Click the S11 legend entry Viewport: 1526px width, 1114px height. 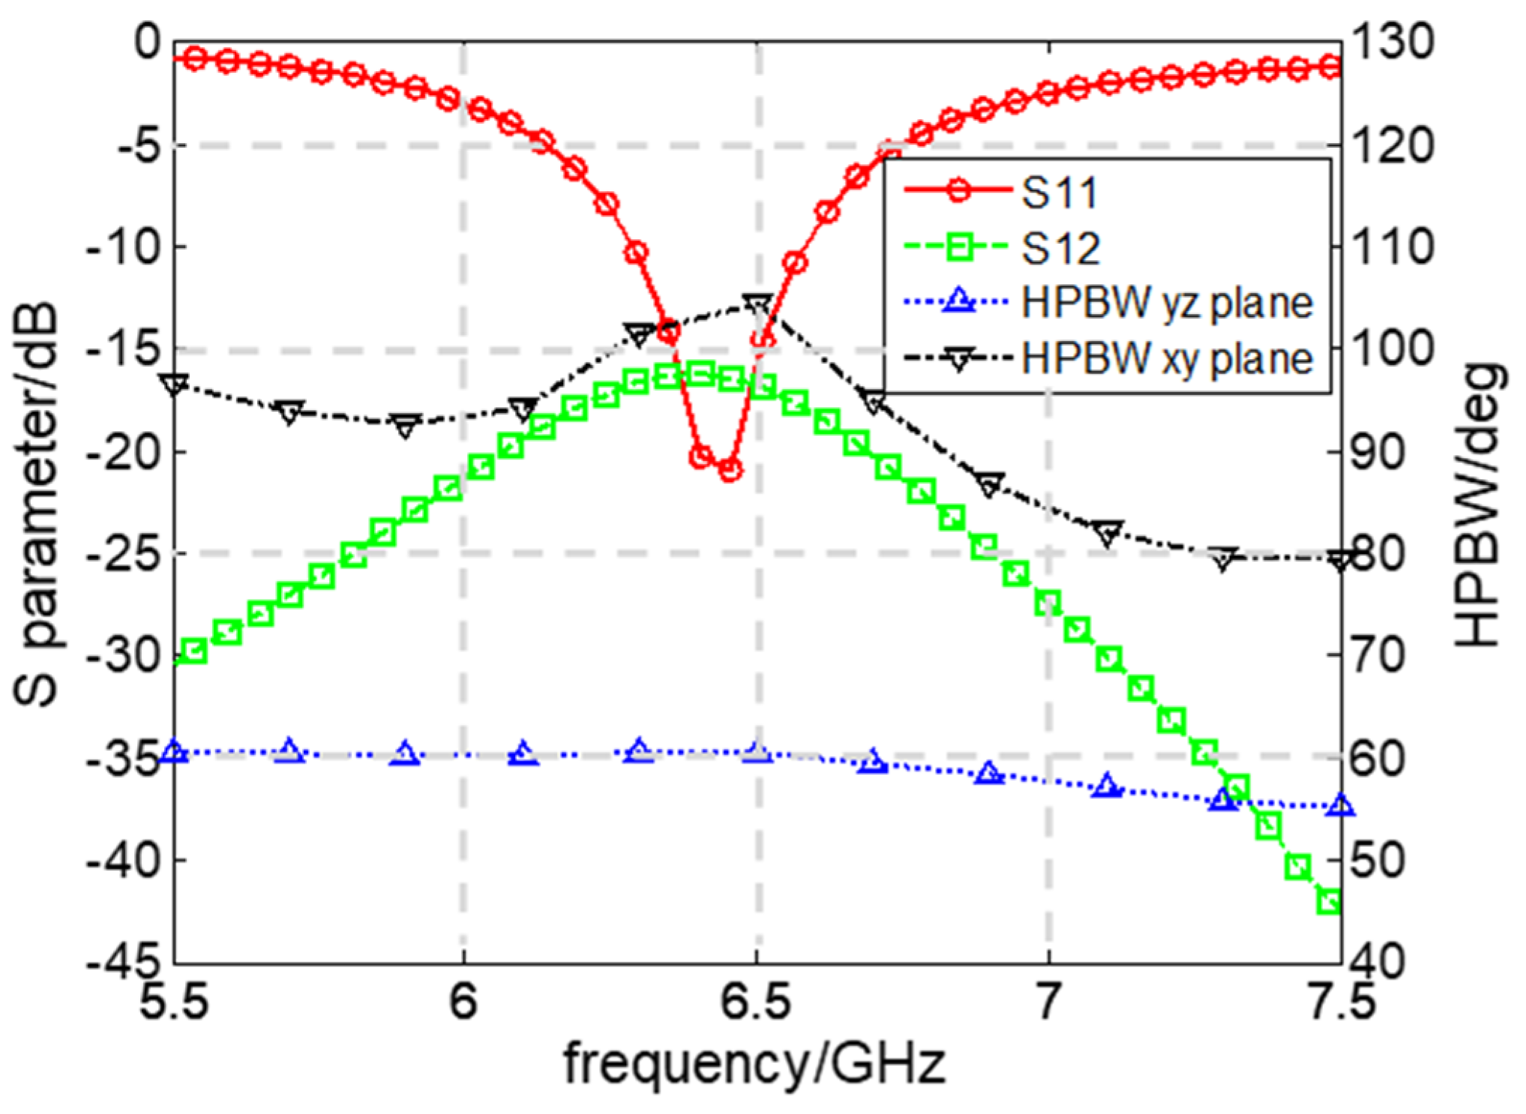pos(1060,193)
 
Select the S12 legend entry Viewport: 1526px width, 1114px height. pos(1060,248)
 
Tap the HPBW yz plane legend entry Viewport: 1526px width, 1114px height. pos(1166,303)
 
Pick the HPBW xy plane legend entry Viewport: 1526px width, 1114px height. pos(1166,358)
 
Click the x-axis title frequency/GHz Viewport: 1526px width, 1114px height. pos(754,1063)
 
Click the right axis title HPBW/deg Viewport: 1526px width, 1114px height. pos(1477,506)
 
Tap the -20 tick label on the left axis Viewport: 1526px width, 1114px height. pos(124,452)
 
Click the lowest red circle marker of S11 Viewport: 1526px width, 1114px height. pos(730,471)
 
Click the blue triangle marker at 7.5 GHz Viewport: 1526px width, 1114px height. pos(1341,807)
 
